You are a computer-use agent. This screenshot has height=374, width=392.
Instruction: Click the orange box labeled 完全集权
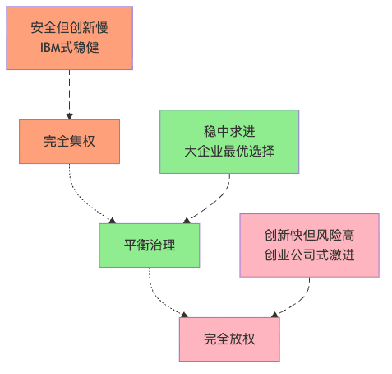tap(70, 141)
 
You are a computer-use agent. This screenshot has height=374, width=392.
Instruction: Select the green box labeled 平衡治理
tap(150, 245)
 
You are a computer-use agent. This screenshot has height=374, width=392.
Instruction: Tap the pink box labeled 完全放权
tap(229, 338)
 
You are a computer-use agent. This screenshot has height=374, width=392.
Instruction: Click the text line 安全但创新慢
tap(70, 28)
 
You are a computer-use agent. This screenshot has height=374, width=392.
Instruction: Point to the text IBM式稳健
tap(70, 47)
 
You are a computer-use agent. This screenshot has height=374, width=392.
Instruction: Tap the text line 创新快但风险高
tap(309, 235)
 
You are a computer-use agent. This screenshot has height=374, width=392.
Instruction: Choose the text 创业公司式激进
tap(309, 255)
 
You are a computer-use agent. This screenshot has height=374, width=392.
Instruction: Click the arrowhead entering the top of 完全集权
tap(70, 116)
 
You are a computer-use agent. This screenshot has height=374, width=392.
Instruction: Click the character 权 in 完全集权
tap(90, 141)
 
